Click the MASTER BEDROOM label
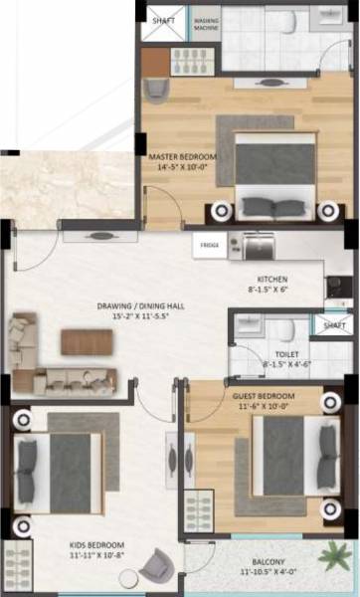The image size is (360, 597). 177,157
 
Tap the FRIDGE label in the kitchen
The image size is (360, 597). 209,244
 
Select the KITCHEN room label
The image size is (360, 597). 271,280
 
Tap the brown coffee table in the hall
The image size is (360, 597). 81,341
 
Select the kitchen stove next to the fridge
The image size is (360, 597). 251,244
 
